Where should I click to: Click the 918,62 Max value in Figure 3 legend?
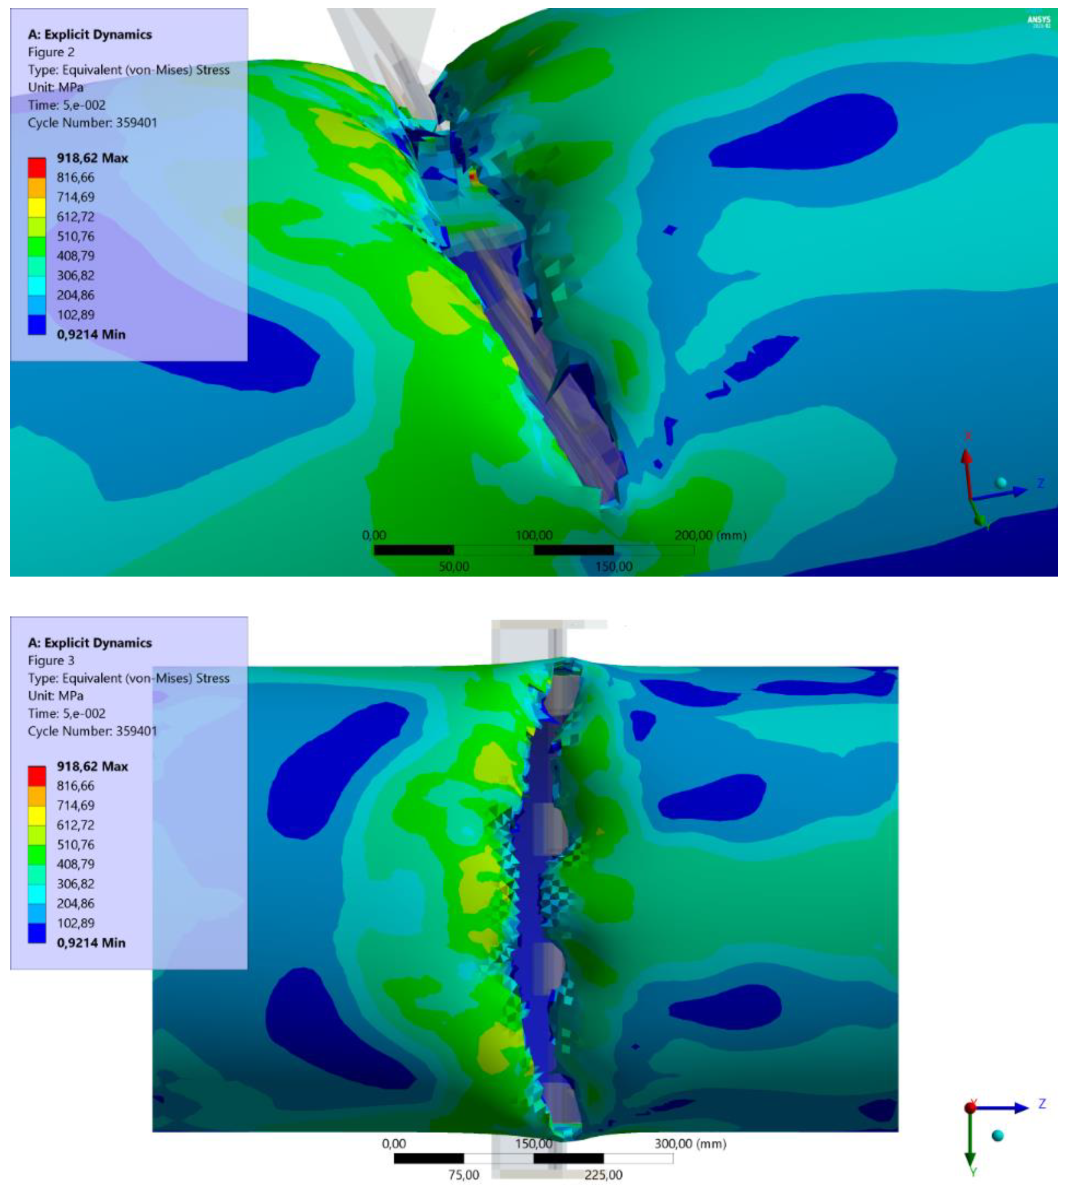[92, 766]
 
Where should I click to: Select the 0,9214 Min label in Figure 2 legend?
[91, 334]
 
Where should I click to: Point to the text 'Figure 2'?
[51, 52]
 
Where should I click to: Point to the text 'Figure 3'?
[51, 660]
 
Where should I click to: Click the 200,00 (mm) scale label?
[710, 535]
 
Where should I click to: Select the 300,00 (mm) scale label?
[689, 1143]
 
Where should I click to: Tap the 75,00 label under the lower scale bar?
[463, 1175]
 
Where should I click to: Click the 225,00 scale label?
[603, 1175]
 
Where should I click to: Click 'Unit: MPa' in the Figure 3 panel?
[56, 696]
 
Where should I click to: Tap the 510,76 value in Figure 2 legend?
[76, 237]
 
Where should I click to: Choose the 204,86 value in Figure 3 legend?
[76, 903]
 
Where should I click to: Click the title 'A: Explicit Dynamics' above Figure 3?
[90, 643]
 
